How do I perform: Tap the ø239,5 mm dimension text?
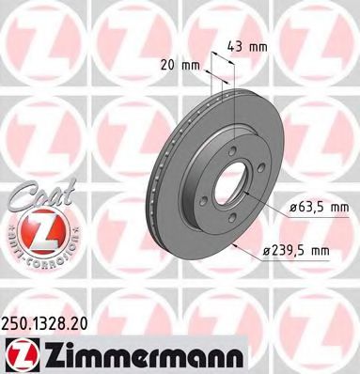[x=296, y=250]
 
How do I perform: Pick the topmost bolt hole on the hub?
[x=232, y=148]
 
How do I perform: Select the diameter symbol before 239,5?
[x=268, y=250]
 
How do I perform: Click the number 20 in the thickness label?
[x=166, y=66]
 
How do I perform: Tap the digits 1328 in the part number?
[x=52, y=321]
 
